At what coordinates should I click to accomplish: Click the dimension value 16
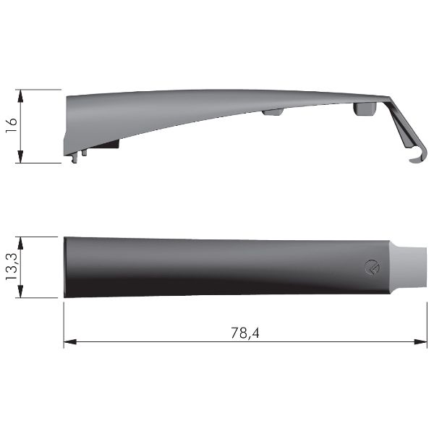coord(12,125)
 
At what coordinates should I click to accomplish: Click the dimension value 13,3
coord(12,266)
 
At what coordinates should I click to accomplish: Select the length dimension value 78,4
coord(245,333)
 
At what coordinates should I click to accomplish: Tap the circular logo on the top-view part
coord(373,268)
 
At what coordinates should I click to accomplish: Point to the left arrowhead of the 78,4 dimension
coord(69,342)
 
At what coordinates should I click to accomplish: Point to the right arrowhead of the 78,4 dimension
coord(421,342)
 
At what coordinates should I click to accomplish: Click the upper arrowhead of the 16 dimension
coord(20,96)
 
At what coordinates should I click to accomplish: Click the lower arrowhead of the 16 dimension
coord(20,156)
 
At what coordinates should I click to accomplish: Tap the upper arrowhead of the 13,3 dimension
coord(20,243)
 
